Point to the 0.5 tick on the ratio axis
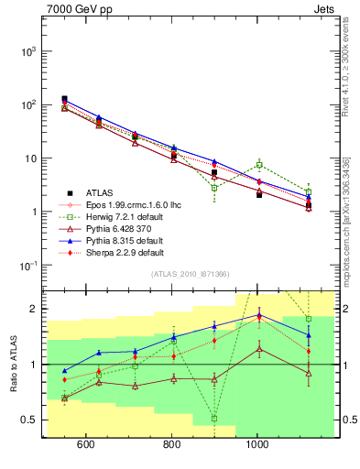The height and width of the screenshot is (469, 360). [29, 420]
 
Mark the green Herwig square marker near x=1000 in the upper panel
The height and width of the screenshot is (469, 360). [259, 165]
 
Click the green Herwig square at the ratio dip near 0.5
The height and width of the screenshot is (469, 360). [214, 419]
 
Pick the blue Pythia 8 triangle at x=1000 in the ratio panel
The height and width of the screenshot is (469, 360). [259, 315]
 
